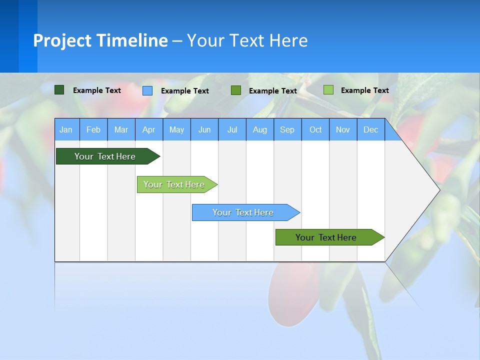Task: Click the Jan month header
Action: point(66,129)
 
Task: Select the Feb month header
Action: point(93,129)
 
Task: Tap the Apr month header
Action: point(148,129)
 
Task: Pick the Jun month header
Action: point(204,129)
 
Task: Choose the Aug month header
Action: point(259,129)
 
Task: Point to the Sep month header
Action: point(287,129)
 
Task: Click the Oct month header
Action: point(315,129)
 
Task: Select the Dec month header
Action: point(370,129)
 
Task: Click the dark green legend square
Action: point(59,90)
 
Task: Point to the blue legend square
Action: point(147,90)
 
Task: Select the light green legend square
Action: point(328,90)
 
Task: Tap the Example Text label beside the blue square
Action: point(184,91)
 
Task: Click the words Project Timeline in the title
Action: point(100,40)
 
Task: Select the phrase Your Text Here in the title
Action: point(247,40)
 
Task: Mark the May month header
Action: point(176,129)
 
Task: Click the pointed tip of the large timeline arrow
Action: point(438,189)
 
